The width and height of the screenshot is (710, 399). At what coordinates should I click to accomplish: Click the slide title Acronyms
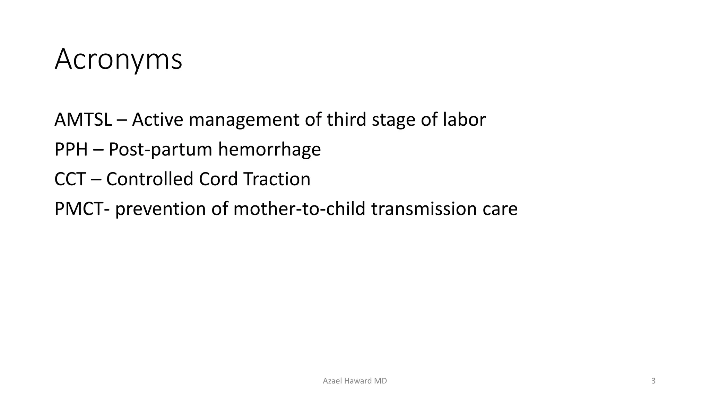point(118,60)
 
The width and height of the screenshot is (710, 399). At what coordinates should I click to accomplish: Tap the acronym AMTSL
point(83,120)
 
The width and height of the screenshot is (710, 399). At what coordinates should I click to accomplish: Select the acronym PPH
point(71,150)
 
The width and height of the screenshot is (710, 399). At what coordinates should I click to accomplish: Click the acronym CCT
point(70,179)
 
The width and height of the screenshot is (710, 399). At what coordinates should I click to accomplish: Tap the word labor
point(464,120)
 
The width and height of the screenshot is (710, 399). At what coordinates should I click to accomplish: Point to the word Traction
point(277,179)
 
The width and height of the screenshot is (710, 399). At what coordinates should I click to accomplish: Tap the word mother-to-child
point(299,209)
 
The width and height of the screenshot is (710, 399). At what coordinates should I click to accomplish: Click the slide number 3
point(653,381)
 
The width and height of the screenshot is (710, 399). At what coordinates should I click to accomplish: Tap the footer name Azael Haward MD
point(355,381)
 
